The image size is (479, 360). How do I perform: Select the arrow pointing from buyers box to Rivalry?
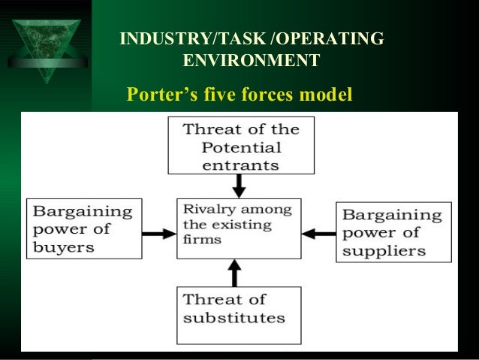pyautogui.click(x=158, y=234)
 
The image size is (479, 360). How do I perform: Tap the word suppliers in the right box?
pyautogui.click(x=384, y=250)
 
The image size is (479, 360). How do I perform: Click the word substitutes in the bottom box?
pyautogui.click(x=234, y=317)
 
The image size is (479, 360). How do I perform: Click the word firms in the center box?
pyautogui.click(x=198, y=241)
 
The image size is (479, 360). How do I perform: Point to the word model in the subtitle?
pyautogui.click(x=324, y=95)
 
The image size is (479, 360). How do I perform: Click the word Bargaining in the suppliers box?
pyautogui.click(x=392, y=215)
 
